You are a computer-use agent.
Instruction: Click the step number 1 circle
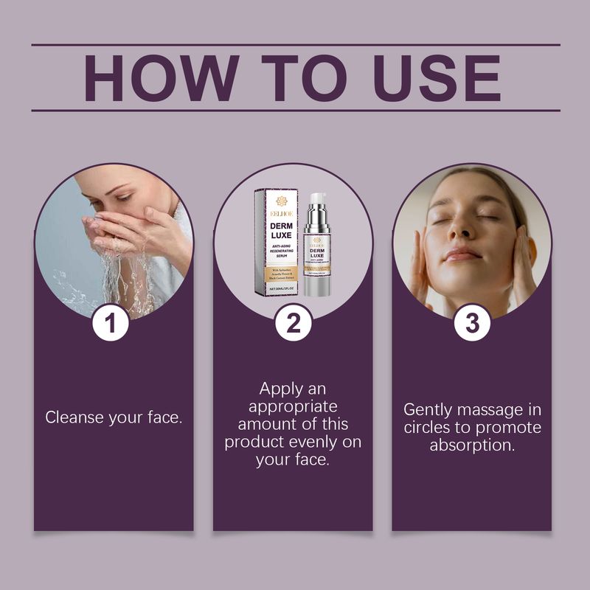(x=111, y=324)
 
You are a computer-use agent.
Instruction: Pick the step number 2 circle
(x=293, y=324)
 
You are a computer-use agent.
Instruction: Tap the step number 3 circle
(x=472, y=324)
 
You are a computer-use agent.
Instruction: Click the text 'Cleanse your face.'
(x=114, y=417)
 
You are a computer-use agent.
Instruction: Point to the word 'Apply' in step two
(x=282, y=389)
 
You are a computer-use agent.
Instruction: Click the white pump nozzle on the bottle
(x=317, y=201)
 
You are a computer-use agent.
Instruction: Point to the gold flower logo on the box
(x=281, y=201)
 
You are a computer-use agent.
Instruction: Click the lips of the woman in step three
(x=463, y=254)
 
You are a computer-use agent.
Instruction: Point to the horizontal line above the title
(x=295, y=45)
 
